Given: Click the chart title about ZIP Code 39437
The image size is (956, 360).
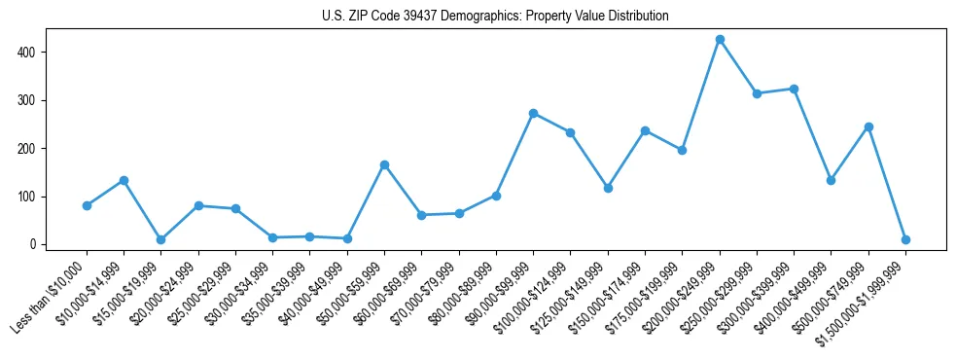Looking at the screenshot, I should (495, 17).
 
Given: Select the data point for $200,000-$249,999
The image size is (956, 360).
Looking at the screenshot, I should (720, 39).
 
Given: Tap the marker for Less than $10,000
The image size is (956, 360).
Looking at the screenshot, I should (87, 205).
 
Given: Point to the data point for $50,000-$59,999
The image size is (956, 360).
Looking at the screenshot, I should (384, 164).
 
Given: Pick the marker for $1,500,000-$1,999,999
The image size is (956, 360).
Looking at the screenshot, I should (905, 239).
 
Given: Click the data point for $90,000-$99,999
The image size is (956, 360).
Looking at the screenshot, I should (533, 113).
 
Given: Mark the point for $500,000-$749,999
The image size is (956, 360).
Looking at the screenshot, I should (868, 126).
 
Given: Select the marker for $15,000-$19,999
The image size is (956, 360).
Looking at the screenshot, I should (160, 239).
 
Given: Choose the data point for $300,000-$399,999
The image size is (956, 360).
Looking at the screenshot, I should (795, 89).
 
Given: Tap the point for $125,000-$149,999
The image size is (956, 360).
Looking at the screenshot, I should (608, 188).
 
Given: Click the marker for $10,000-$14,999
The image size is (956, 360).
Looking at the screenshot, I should (124, 180).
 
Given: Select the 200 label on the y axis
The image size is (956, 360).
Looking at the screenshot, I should (31, 148).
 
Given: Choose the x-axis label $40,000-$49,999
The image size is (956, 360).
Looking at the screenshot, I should (314, 293).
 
